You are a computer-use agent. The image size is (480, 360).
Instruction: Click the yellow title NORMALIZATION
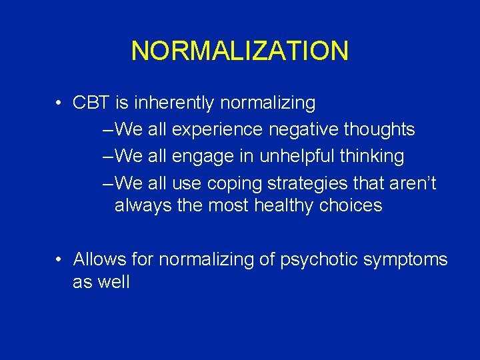[239, 51]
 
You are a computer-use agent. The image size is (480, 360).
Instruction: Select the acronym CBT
[91, 103]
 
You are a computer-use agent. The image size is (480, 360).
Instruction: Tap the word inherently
[175, 103]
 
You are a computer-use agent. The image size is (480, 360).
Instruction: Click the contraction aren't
[411, 183]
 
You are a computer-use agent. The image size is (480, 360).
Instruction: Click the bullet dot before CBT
[59, 103]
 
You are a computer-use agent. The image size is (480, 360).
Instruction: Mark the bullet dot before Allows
[59, 259]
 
